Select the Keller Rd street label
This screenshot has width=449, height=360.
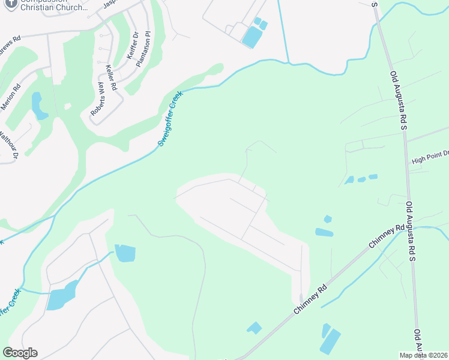tap(111, 77)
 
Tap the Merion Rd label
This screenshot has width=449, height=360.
tap(10, 95)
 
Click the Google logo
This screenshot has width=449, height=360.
tap(20, 353)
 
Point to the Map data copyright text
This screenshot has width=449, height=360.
tap(423, 355)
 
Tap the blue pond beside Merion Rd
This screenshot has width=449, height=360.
tap(38, 106)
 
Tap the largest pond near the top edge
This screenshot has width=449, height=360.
tap(252, 38)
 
